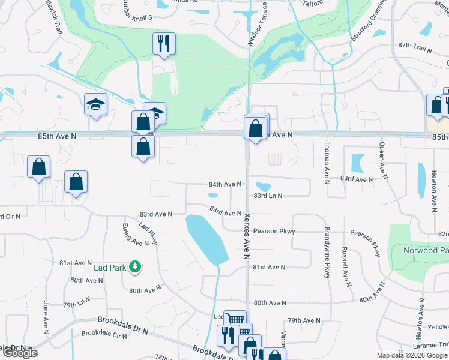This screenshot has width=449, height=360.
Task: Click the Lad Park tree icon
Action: click(136, 266)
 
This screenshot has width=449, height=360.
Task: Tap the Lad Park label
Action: click(110, 267)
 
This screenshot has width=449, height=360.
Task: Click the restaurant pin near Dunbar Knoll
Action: click(163, 43)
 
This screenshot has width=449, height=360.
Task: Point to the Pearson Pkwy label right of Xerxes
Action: click(274, 231)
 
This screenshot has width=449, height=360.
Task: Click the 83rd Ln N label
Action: click(268, 196)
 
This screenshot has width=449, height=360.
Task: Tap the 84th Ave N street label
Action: click(224, 184)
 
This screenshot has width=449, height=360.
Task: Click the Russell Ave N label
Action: click(345, 265)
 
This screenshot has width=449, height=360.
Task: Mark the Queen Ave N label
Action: click(381, 158)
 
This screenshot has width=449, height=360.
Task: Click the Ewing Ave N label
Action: click(134, 233)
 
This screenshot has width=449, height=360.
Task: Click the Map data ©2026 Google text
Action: click(411, 355)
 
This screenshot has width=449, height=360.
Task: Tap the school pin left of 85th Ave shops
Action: click(96, 106)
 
